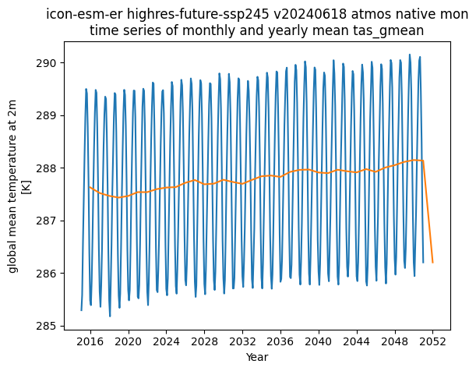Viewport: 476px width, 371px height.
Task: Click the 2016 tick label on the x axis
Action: point(90,341)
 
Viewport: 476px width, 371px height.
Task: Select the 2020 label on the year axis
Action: point(129,341)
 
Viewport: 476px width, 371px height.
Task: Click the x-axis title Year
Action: point(257,357)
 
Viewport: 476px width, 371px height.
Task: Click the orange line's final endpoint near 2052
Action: point(433,263)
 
